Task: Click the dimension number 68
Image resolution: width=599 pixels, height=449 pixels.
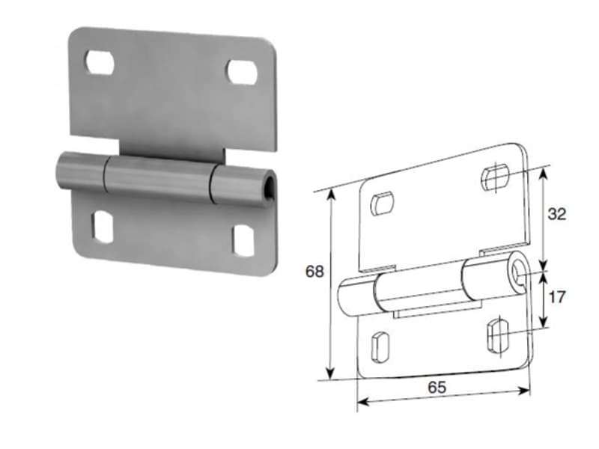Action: [x=314, y=272]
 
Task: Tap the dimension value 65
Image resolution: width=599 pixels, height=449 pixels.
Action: [x=437, y=388]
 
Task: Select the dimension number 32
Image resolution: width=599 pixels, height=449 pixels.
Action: [x=556, y=214]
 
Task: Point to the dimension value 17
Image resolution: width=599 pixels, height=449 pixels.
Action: [x=556, y=296]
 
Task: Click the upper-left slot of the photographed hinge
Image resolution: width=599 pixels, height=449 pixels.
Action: [x=100, y=62]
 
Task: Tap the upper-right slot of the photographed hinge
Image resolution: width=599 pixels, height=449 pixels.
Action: [x=242, y=72]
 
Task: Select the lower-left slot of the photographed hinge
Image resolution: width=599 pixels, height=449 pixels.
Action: [x=103, y=227]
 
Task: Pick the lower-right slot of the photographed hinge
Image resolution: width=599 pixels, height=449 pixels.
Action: [x=243, y=240]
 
